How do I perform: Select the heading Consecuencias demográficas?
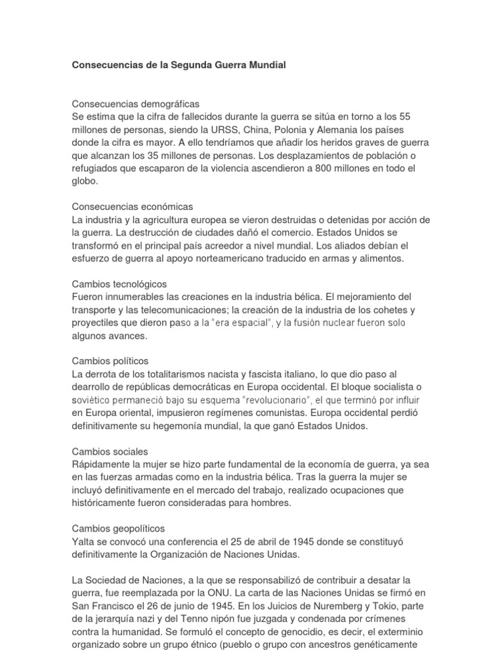pyautogui.click(x=135, y=104)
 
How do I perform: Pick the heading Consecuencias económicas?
pyautogui.click(x=132, y=207)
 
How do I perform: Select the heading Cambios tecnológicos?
pyautogui.click(x=119, y=283)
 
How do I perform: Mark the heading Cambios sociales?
pyautogui.click(x=110, y=451)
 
